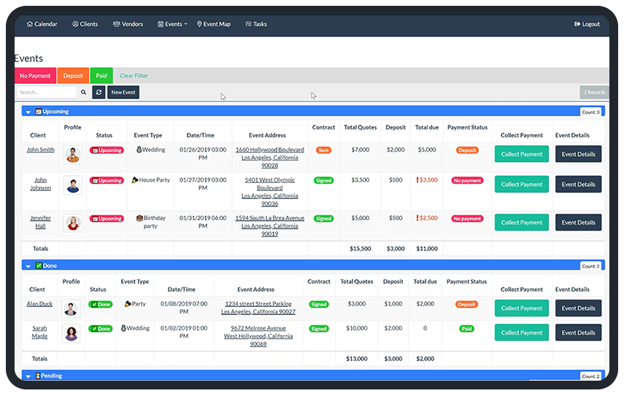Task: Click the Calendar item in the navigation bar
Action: click(42, 24)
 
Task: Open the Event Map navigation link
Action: click(214, 24)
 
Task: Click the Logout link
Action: click(587, 24)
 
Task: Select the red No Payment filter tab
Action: click(35, 76)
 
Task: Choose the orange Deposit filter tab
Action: click(73, 76)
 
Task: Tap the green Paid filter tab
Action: click(101, 76)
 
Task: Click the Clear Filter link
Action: click(134, 76)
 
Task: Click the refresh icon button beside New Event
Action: click(99, 93)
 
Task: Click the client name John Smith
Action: click(41, 150)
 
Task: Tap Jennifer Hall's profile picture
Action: click(72, 222)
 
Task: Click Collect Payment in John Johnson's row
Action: click(521, 185)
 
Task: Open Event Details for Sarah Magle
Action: click(578, 333)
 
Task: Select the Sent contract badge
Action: click(323, 150)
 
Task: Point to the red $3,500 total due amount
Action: click(428, 180)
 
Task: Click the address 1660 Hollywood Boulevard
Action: click(269, 150)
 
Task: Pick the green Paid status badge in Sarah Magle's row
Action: click(466, 329)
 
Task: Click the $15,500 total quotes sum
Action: click(361, 249)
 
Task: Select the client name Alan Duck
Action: click(39, 304)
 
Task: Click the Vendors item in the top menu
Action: click(128, 24)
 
